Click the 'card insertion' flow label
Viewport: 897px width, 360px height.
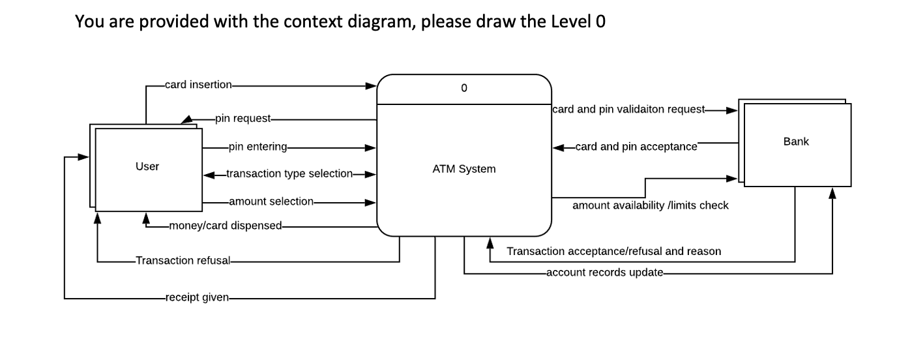coord(198,85)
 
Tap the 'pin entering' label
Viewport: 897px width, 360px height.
coord(258,147)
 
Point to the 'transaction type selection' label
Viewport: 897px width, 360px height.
coord(289,174)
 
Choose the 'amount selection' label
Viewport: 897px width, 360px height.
coord(271,202)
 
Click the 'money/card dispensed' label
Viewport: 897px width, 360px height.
coord(225,226)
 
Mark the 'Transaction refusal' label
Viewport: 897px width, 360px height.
coord(183,261)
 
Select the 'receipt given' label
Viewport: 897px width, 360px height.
coord(197,298)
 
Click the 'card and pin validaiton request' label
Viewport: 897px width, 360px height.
coord(628,110)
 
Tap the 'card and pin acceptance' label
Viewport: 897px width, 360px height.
coord(636,147)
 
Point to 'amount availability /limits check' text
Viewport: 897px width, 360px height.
coord(650,205)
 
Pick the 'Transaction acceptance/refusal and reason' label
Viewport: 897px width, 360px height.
coord(613,251)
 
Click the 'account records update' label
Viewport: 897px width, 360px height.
coord(604,273)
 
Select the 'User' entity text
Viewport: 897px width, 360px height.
coord(147,166)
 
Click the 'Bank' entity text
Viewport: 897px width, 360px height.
coord(797,142)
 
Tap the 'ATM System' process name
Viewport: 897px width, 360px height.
coord(463,169)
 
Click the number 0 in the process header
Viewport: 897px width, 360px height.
coord(463,89)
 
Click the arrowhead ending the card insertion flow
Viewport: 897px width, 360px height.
coord(371,85)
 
